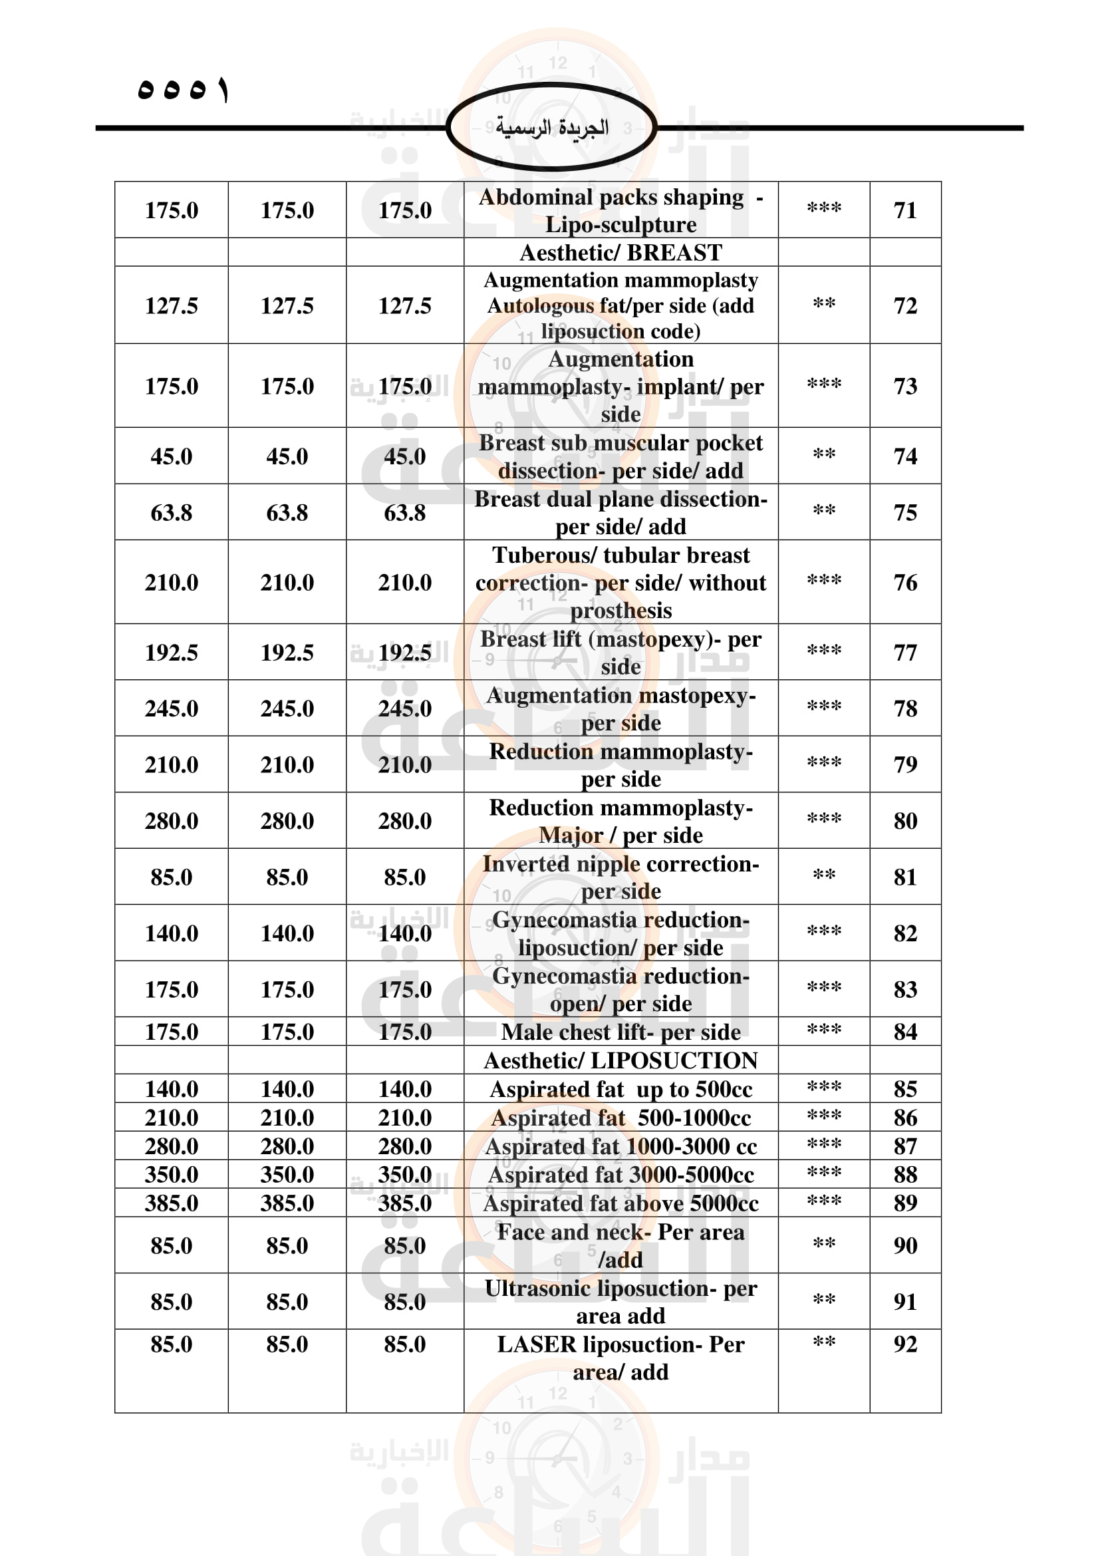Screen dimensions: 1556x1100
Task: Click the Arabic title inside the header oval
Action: point(551,128)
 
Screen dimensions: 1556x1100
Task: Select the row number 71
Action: point(905,210)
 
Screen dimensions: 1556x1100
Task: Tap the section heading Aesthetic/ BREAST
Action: point(620,253)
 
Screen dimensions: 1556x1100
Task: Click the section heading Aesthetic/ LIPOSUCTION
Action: point(620,1060)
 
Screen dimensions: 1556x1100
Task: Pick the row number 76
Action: point(905,582)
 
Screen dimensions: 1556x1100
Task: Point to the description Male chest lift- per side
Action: point(620,1032)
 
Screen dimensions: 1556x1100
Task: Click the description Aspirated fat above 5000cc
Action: point(620,1203)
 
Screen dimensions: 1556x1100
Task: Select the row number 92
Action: point(905,1344)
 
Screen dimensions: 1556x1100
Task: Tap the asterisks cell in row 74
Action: point(823,456)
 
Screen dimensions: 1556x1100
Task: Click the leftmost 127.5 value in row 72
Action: point(172,305)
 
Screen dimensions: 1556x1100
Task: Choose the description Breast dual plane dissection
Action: point(620,512)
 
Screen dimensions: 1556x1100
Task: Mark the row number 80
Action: point(905,821)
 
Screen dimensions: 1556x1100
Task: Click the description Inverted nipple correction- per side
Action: point(620,877)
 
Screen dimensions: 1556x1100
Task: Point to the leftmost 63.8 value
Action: point(172,512)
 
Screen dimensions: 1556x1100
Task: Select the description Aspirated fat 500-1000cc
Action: point(620,1118)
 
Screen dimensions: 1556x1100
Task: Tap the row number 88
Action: point(905,1174)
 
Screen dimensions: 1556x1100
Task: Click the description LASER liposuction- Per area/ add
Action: point(620,1358)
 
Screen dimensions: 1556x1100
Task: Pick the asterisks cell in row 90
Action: point(823,1244)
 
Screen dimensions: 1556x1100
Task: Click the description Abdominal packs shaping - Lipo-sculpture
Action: point(620,210)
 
